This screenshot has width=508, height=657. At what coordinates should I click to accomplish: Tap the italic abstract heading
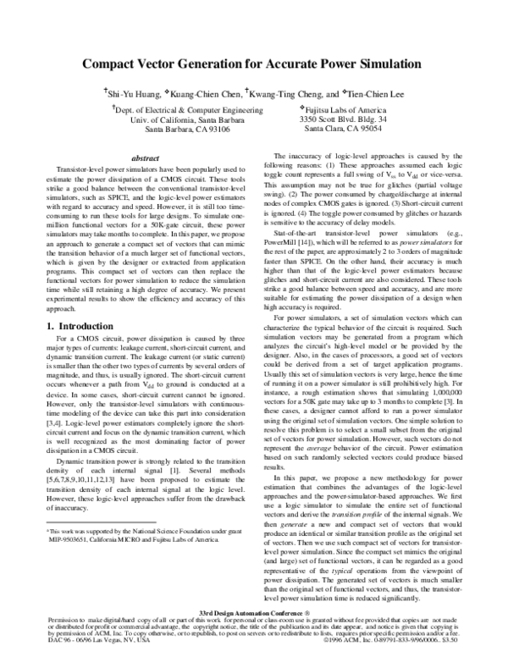[x=147, y=158]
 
